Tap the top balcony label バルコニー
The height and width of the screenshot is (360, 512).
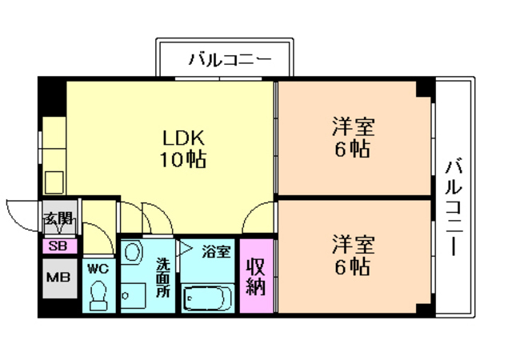(230, 59)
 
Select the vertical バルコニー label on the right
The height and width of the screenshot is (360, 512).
(455, 206)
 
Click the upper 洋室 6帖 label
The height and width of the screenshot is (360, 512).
(353, 138)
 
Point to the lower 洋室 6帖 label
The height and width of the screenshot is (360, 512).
(353, 254)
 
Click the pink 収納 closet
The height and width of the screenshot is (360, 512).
(255, 277)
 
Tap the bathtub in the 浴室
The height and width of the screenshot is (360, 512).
(207, 300)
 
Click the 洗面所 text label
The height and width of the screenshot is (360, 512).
(163, 275)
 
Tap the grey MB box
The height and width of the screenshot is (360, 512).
(58, 278)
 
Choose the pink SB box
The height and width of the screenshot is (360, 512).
(58, 246)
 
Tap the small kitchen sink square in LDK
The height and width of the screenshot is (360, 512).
(55, 182)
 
